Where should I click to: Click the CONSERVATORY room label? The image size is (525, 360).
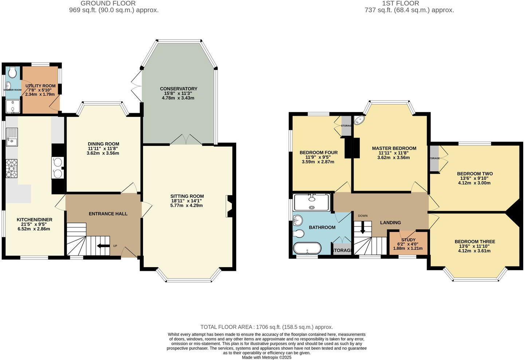coord(178,89)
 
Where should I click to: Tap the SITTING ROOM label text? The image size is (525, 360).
coord(187,196)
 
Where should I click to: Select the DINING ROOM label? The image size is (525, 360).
coord(103,144)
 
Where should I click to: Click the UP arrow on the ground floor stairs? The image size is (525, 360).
coord(104,246)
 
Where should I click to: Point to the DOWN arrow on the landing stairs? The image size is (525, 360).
coord(362,228)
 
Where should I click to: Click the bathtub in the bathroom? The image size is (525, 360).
coord(307,248)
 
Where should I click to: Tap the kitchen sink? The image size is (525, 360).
coord(12,137)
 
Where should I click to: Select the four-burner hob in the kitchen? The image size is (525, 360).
coord(12,169)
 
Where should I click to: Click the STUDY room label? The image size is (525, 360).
coord(408,240)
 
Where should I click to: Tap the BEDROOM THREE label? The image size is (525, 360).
coord(475,242)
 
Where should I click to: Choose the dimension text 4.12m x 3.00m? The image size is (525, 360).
coord(474,183)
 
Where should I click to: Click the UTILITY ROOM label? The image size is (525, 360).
coord(40,86)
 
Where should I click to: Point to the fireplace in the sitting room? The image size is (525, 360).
coord(229,206)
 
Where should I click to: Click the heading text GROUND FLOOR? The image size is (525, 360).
coord(108,3)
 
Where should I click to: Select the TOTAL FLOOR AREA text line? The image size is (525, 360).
coord(267,327)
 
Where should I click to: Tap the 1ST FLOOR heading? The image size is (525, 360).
coord(400,3)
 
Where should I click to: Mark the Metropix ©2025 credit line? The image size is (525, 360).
coord(267,357)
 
